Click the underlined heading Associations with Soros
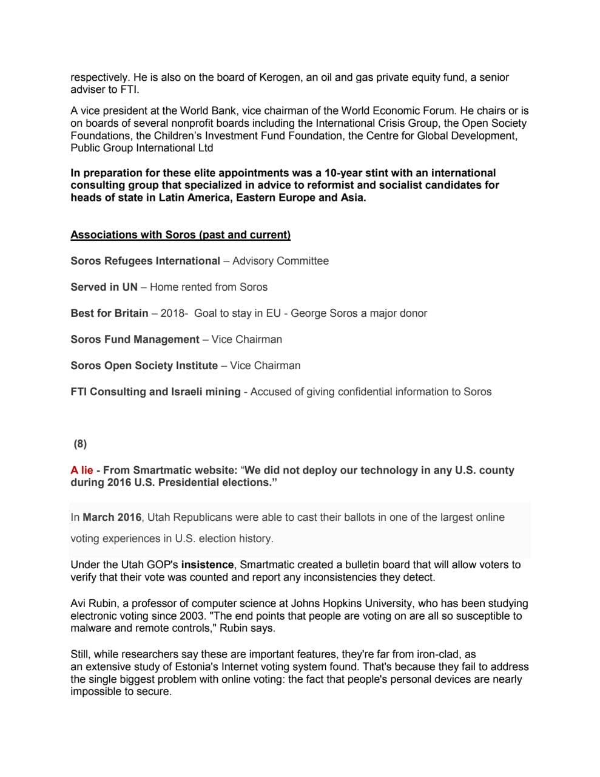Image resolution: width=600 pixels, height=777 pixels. tap(180, 235)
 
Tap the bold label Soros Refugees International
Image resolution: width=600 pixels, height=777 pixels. tap(145, 261)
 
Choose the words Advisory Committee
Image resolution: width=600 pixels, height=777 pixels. tap(280, 261)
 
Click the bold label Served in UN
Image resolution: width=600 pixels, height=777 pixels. tap(104, 287)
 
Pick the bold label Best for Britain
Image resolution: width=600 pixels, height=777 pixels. tap(109, 313)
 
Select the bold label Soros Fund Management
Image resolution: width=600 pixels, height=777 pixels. tap(135, 339)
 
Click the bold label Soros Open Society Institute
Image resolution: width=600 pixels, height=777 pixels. tap(144, 365)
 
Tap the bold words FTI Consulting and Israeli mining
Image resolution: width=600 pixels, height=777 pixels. tap(155, 392)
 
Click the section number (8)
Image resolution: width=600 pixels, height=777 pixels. tap(80, 444)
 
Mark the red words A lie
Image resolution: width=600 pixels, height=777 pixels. tap(82, 470)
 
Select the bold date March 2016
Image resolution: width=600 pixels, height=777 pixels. tap(112, 518)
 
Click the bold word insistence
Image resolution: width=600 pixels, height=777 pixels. tap(207, 565)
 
